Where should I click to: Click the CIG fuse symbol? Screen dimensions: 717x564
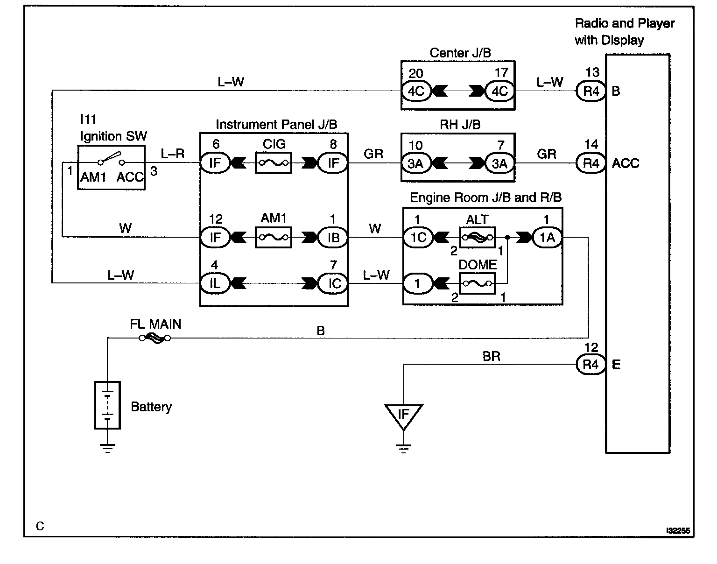273,162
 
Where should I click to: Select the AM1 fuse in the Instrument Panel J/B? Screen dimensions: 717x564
273,237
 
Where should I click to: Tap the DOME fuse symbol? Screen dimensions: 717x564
477,283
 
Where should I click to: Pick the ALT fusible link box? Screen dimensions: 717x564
477,237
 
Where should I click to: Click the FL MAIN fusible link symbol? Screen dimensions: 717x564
155,338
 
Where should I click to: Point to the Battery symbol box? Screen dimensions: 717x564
107,405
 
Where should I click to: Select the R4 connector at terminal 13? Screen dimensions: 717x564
590,91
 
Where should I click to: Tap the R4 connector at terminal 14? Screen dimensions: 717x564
590,163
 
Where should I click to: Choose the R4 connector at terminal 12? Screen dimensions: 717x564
590,365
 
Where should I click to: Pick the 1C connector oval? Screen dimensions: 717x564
418,237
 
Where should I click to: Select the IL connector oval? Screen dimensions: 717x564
215,283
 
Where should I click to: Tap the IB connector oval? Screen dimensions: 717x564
333,237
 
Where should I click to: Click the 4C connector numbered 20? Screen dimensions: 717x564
416,91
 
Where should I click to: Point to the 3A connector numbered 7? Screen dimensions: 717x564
500,163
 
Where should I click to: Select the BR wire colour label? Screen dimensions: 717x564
492,356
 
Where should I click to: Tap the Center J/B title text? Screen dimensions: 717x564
460,53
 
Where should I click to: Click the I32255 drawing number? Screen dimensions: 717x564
678,530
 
